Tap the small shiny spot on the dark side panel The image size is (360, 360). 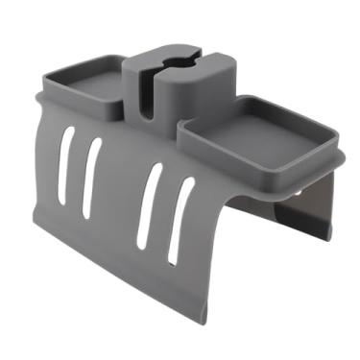(x=304, y=191)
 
